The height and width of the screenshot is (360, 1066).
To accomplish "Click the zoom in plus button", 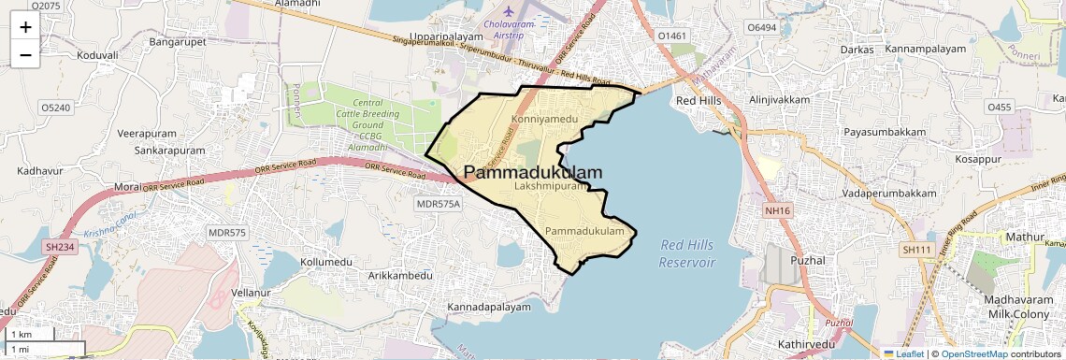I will [x=25, y=27].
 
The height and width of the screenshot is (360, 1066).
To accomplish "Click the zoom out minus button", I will [x=25, y=55].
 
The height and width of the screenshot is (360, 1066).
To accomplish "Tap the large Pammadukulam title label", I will [x=533, y=172].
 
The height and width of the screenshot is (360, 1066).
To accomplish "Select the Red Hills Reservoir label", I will [x=687, y=253].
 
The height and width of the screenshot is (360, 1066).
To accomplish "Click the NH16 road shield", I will [x=777, y=211].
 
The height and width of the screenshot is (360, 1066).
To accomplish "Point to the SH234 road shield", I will [x=59, y=247].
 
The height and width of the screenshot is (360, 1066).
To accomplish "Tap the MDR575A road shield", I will [x=439, y=204].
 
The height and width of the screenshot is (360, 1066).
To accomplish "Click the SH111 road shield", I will [x=917, y=250].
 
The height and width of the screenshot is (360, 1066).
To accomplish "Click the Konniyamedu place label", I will [x=545, y=120].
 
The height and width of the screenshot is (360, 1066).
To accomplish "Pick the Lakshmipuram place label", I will [x=551, y=187].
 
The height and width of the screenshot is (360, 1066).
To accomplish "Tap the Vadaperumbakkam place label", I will [x=888, y=193].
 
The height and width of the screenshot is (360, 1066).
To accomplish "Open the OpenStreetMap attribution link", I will [x=973, y=354].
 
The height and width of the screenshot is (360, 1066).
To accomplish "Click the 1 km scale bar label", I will [x=21, y=334].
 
